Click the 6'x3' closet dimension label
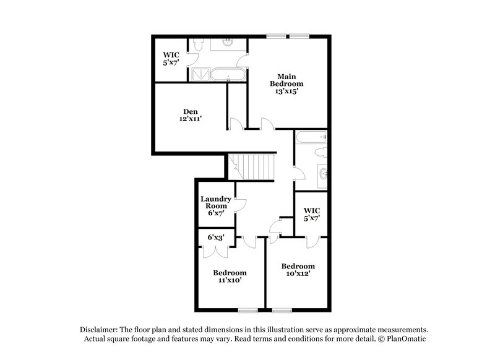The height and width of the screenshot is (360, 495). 215,237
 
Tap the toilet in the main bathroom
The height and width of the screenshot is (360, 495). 197,46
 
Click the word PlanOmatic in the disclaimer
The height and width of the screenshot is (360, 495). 407,339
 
